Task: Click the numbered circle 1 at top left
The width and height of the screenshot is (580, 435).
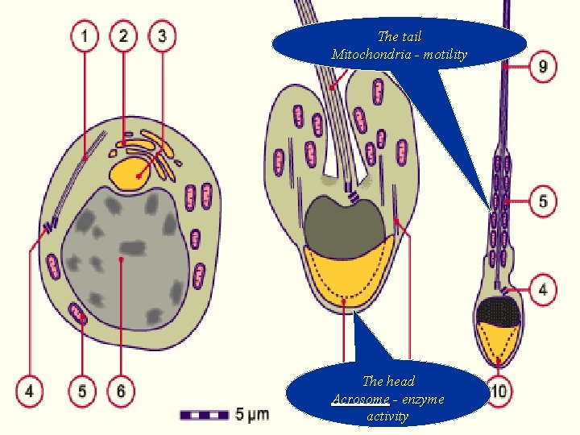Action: (x=85, y=35)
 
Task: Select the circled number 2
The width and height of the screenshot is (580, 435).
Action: (x=124, y=35)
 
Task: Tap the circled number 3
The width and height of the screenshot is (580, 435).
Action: (x=163, y=35)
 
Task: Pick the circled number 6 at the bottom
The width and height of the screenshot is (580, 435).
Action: (x=121, y=392)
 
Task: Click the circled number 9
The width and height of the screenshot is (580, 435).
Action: (x=543, y=66)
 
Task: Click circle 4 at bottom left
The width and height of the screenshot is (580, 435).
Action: (x=30, y=392)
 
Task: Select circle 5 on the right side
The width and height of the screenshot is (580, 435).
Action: (x=543, y=200)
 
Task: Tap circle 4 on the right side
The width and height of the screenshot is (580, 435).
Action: (x=543, y=288)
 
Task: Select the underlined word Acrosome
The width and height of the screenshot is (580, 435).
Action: (x=360, y=399)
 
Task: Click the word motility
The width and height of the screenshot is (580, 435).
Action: (x=443, y=54)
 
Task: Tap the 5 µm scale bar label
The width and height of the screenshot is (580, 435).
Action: (x=252, y=415)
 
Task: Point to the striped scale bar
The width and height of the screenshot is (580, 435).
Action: (x=205, y=415)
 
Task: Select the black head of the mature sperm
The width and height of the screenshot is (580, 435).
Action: (x=499, y=309)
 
